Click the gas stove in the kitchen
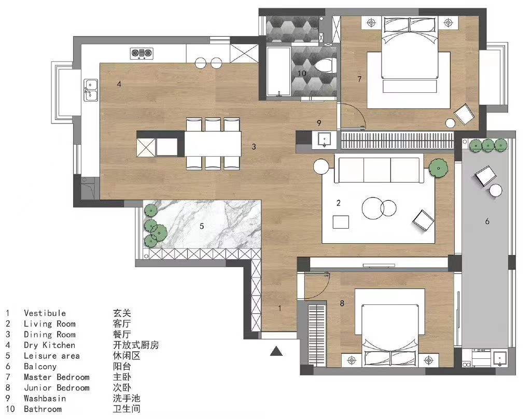[x=142, y=53]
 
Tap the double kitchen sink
[x=91, y=90]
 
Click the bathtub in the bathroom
[x=278, y=72]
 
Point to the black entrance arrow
[x=276, y=351]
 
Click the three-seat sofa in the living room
[x=379, y=169]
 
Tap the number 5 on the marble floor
[x=202, y=226]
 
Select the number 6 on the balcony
[x=487, y=221]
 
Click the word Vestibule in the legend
[x=45, y=313]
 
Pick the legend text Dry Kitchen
[x=49, y=345]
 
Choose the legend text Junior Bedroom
[x=57, y=388]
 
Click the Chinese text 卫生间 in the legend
[x=127, y=409]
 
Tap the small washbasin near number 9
[x=325, y=139]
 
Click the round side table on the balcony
[x=496, y=190]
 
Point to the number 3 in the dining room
[x=254, y=147]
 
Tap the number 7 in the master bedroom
[x=360, y=79]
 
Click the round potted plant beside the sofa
[x=439, y=167]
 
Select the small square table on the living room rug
[x=341, y=222]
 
